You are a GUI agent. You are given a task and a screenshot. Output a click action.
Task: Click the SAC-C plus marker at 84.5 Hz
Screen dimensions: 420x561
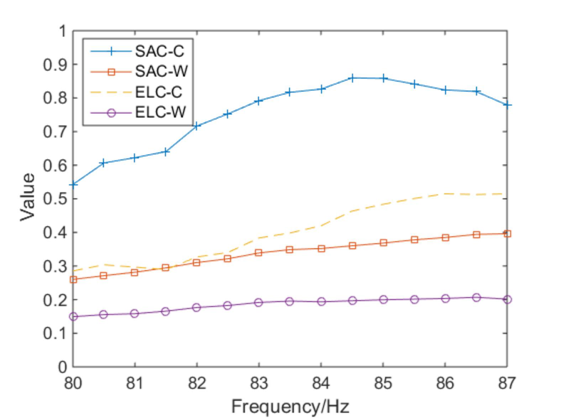352,77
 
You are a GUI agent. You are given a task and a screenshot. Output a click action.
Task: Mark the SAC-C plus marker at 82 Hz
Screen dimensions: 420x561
197,126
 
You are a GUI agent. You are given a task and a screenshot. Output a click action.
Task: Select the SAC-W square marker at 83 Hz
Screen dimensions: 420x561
259,252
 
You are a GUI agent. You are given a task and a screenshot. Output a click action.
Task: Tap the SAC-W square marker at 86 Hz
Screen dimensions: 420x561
446,237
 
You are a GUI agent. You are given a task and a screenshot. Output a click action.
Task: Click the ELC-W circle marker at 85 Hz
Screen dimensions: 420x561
384,299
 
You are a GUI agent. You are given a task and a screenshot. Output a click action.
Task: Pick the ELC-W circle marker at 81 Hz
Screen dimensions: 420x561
135,313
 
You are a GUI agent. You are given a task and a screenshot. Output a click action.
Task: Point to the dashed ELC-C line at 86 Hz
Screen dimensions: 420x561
446,193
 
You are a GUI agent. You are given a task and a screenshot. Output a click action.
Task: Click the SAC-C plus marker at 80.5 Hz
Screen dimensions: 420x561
104,163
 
